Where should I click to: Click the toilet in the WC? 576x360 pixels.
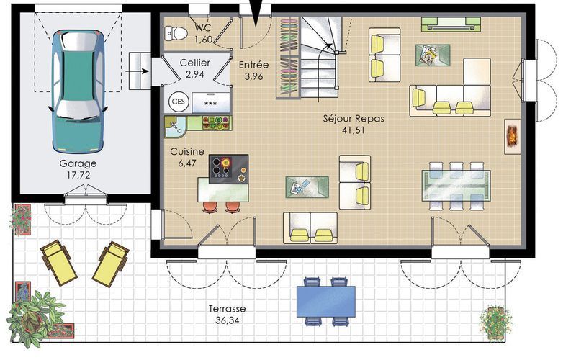point(176,33)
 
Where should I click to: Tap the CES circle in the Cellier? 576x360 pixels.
point(179,102)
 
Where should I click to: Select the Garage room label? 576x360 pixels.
point(78,163)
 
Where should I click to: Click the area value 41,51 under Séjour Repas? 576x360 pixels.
point(354,130)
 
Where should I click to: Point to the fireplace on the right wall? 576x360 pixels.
point(513,136)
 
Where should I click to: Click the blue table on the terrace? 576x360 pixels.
point(326,301)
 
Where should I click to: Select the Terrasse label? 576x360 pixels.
point(227,309)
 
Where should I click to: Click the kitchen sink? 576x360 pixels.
point(176,127)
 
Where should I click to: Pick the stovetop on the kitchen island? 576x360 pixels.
point(228,169)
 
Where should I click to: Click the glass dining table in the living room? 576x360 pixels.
point(456,185)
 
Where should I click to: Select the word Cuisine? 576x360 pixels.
point(187,151)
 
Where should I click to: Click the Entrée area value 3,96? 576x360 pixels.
point(254,76)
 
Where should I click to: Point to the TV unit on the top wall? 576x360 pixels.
point(451,24)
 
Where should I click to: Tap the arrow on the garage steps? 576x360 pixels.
point(138,71)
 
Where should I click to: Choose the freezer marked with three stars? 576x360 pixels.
point(210,102)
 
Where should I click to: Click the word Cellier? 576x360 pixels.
point(194,63)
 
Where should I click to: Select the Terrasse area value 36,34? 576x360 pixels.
point(227,320)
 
